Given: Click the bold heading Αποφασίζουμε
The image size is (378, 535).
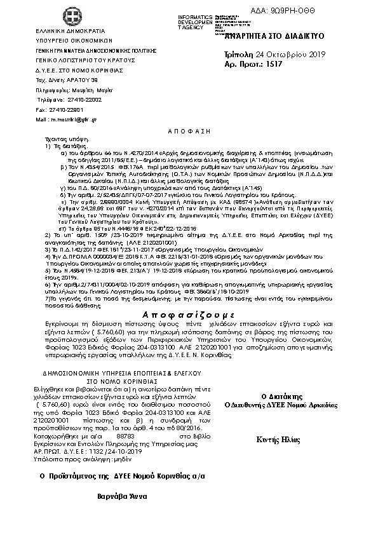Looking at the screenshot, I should pyautogui.click(x=189, y=314).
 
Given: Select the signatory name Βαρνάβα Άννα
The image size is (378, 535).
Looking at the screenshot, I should pyautogui.click(x=124, y=494).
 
